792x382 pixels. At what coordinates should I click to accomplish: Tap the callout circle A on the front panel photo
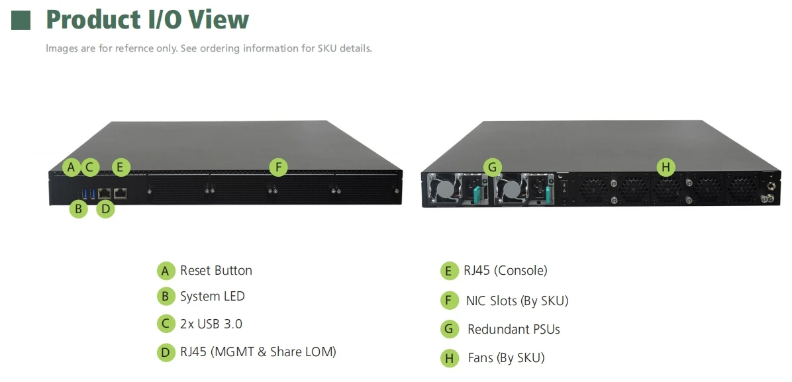coord(72,167)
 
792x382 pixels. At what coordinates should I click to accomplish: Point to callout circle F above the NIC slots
coord(279,167)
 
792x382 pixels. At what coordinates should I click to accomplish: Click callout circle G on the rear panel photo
coord(492,167)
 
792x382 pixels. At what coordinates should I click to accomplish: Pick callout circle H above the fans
coord(666,167)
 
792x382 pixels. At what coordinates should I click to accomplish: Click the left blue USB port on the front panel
coord(84,193)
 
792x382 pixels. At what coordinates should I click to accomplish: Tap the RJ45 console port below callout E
coord(121,193)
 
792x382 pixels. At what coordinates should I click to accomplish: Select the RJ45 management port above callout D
coord(104,193)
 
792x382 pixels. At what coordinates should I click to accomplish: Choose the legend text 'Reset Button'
coord(216,270)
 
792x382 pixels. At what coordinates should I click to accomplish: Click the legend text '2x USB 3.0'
coord(211,324)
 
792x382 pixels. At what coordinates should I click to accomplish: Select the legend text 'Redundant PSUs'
coord(513,329)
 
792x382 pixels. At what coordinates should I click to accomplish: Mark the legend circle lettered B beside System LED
coord(166,297)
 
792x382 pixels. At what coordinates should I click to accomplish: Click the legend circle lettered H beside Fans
coord(450,358)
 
